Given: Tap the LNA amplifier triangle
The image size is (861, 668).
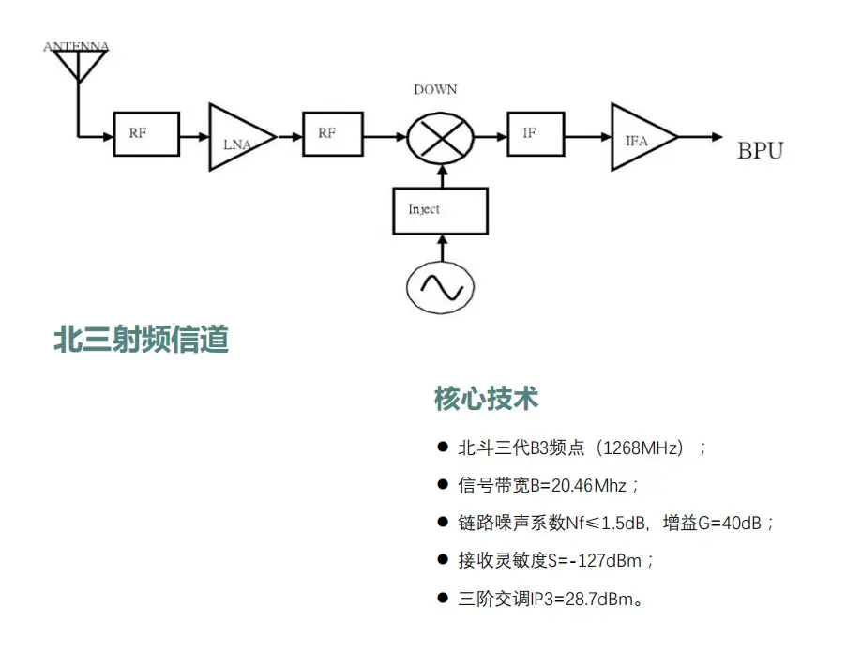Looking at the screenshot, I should pos(236,138).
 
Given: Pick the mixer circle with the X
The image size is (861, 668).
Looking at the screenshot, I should pos(440,137).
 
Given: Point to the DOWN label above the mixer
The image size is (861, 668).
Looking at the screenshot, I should pos(435,90).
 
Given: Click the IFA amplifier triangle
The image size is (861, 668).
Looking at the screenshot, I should pos(640,138).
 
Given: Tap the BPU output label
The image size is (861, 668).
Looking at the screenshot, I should pos(760,150).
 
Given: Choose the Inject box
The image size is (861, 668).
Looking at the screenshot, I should pos(440,210).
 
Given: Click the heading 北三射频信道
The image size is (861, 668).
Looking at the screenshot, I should pos(142,339).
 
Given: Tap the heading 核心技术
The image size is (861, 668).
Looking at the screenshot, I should pos(486,398).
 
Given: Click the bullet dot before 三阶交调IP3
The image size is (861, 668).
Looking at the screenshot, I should pos(443,598).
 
